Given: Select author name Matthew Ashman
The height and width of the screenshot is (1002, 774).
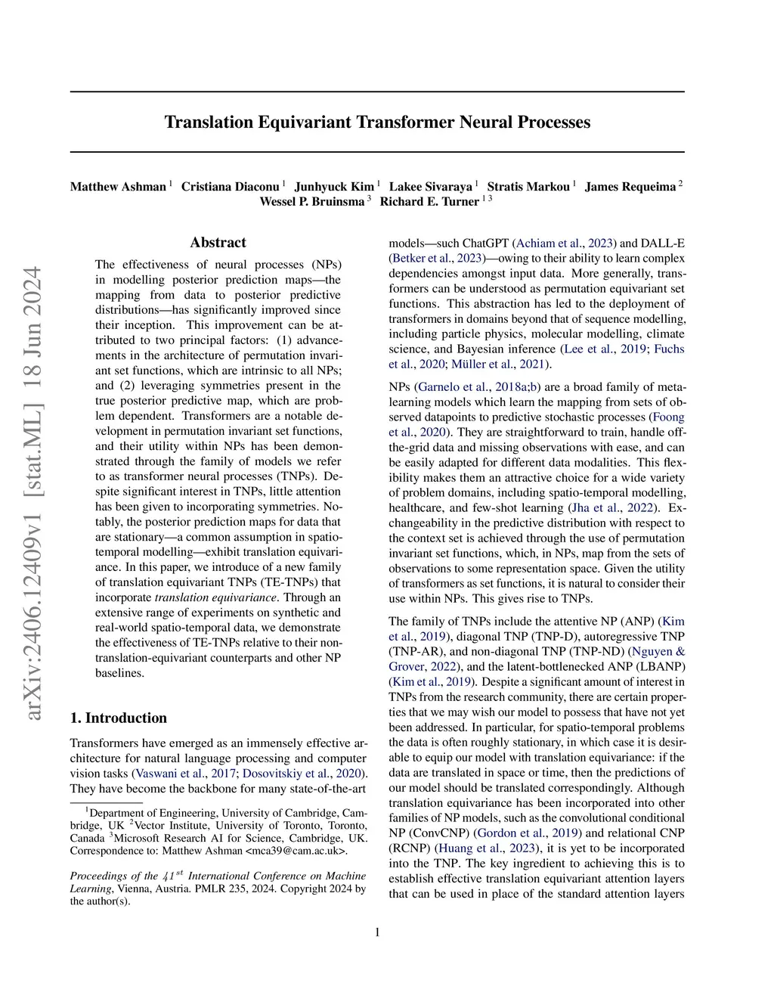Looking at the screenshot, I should (x=118, y=187).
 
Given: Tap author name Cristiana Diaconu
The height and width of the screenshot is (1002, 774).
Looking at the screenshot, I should (x=230, y=187).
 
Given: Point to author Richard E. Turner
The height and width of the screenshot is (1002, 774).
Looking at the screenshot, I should (x=429, y=202).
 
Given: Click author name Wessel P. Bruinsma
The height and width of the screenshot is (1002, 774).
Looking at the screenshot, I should (x=311, y=202).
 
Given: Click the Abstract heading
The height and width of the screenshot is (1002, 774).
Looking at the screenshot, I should (x=218, y=243).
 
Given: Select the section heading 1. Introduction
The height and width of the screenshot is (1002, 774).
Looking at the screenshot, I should (x=118, y=718).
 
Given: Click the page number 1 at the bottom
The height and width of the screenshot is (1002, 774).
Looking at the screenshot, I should (x=377, y=932).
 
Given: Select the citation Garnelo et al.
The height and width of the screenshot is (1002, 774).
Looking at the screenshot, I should (x=453, y=387).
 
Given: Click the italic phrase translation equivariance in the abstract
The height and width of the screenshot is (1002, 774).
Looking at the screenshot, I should (x=215, y=597).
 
